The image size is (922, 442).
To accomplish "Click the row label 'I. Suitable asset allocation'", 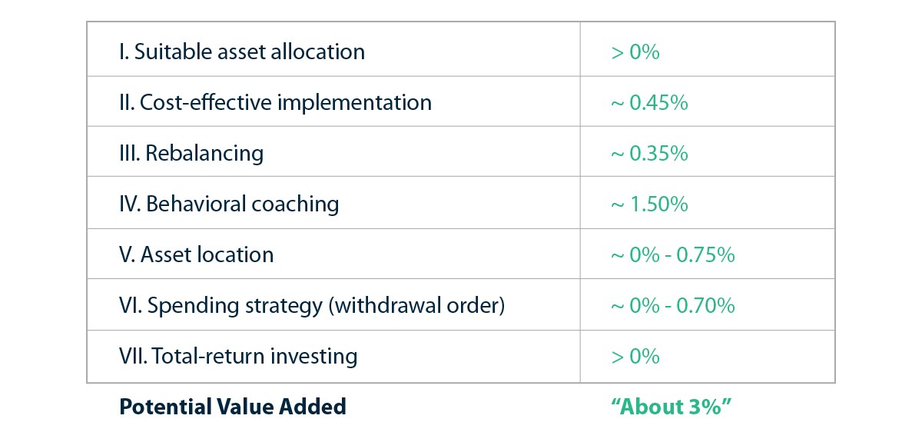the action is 242,52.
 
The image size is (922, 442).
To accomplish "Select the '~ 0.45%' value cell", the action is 649,102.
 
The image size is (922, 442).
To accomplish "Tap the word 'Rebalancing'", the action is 204,154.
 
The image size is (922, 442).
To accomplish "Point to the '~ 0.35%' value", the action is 649,153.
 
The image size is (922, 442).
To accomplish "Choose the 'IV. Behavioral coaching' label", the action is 229,204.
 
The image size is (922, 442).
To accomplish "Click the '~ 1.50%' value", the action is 649,204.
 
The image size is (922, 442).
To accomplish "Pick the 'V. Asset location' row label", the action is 197,254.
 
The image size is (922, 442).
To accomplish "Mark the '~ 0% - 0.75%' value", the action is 673,254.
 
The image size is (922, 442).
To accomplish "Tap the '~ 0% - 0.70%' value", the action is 673,306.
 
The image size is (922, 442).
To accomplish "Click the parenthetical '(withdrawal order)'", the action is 416,306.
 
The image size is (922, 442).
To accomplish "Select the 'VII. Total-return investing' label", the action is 238,357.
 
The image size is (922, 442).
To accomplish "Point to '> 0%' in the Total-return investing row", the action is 635,357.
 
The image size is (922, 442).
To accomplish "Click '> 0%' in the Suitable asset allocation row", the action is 635,52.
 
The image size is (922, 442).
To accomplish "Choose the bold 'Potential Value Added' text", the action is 233,407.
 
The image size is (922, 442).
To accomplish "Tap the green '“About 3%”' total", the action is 672,407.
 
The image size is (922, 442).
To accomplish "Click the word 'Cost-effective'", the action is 206,102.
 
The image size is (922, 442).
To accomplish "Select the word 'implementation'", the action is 355,103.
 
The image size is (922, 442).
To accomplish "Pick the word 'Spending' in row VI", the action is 194,306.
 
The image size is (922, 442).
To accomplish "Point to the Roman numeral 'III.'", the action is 130,153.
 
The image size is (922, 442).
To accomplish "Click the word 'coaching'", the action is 295,204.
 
